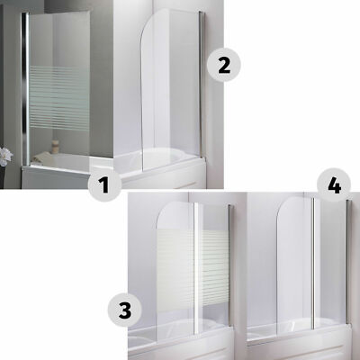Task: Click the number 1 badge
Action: coord(104,184)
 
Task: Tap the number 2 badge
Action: coord(224,65)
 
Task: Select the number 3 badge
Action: coord(125,310)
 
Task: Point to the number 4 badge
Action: coord(334,186)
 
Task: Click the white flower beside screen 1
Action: coord(5,157)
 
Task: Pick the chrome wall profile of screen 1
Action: coord(25,89)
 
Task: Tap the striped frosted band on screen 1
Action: coord(60,98)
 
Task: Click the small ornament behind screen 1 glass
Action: coord(55,145)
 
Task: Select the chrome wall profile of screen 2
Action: coord(201,84)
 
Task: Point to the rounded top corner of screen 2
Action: coord(146,24)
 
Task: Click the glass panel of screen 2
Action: coord(170,90)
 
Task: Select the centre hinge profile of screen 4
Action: coord(313,264)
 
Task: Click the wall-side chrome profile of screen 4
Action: coord(348,262)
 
